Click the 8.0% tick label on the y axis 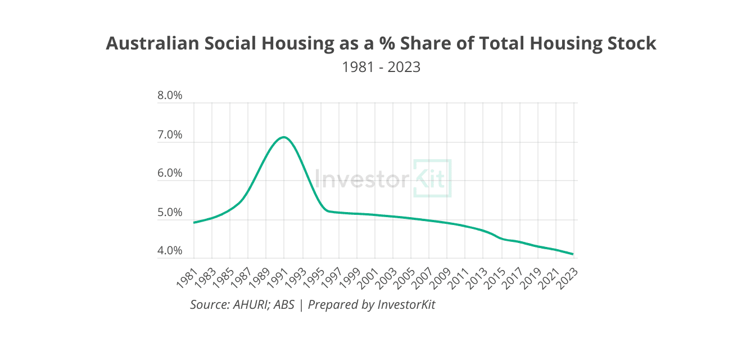(x=170, y=96)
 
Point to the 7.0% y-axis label (x=170, y=135)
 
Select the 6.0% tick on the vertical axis (x=170, y=173)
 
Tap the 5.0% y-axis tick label (x=170, y=213)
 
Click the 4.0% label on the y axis (x=170, y=251)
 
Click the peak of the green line (x=284, y=137)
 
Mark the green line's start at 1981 (x=194, y=223)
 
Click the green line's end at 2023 (x=573, y=254)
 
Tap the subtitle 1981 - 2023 (x=381, y=67)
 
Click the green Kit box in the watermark (x=432, y=178)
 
